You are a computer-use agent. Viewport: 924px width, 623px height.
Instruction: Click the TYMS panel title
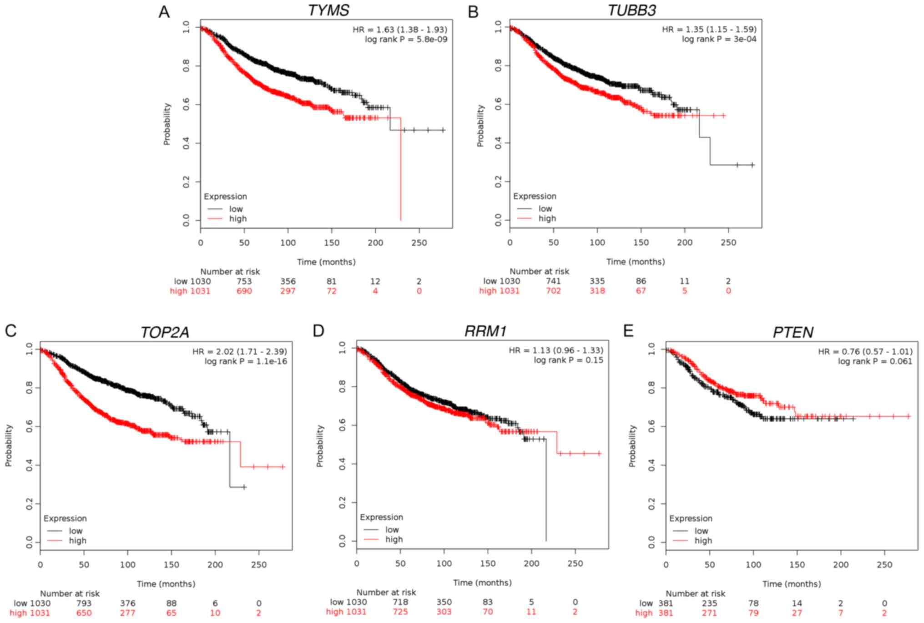click(x=328, y=10)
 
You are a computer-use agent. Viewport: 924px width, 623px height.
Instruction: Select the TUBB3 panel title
click(x=632, y=10)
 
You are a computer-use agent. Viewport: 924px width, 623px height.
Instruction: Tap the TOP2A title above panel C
click(x=165, y=332)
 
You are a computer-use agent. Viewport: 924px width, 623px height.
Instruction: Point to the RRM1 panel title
click(x=485, y=331)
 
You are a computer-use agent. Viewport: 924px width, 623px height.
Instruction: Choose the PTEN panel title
click(x=793, y=332)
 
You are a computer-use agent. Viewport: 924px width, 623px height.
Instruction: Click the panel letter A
click(x=164, y=12)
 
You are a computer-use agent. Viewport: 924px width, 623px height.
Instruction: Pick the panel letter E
click(x=628, y=331)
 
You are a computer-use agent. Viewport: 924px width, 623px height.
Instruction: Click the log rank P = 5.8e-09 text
click(x=406, y=40)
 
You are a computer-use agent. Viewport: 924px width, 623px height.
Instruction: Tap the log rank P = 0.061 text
click(x=875, y=361)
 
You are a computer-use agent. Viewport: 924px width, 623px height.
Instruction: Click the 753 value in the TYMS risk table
click(x=244, y=281)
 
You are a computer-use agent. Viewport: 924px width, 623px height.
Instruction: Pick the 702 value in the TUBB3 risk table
click(x=553, y=291)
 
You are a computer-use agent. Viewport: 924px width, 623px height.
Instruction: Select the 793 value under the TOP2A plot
click(x=84, y=603)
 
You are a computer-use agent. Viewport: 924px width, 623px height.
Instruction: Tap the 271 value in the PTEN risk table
click(x=709, y=613)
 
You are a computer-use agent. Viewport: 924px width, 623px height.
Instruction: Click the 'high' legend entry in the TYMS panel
click(x=237, y=219)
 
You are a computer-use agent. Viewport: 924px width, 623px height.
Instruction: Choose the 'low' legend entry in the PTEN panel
click(x=701, y=531)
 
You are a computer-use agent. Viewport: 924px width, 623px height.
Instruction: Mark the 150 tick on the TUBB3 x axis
click(x=641, y=243)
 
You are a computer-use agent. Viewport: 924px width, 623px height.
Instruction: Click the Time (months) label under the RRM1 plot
click(x=482, y=582)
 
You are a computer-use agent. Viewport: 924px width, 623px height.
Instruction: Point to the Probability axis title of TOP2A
click(x=8, y=446)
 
